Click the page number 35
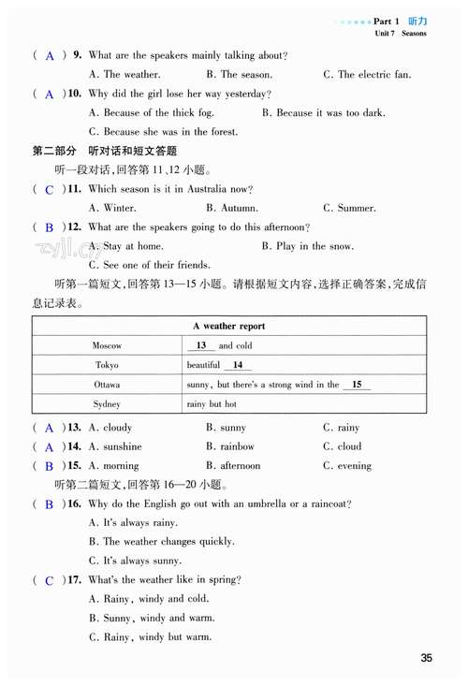(427, 659)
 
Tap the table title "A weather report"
(228, 327)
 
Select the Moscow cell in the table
(108, 346)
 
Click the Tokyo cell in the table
(108, 366)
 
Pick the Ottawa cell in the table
(108, 385)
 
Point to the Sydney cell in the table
(108, 404)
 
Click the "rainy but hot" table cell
(212, 404)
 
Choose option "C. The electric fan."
(367, 75)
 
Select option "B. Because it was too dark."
(323, 113)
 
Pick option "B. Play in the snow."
(308, 246)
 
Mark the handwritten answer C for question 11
(49, 190)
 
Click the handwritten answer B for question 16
(49, 504)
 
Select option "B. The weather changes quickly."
(161, 542)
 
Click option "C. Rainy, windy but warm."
(149, 638)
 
